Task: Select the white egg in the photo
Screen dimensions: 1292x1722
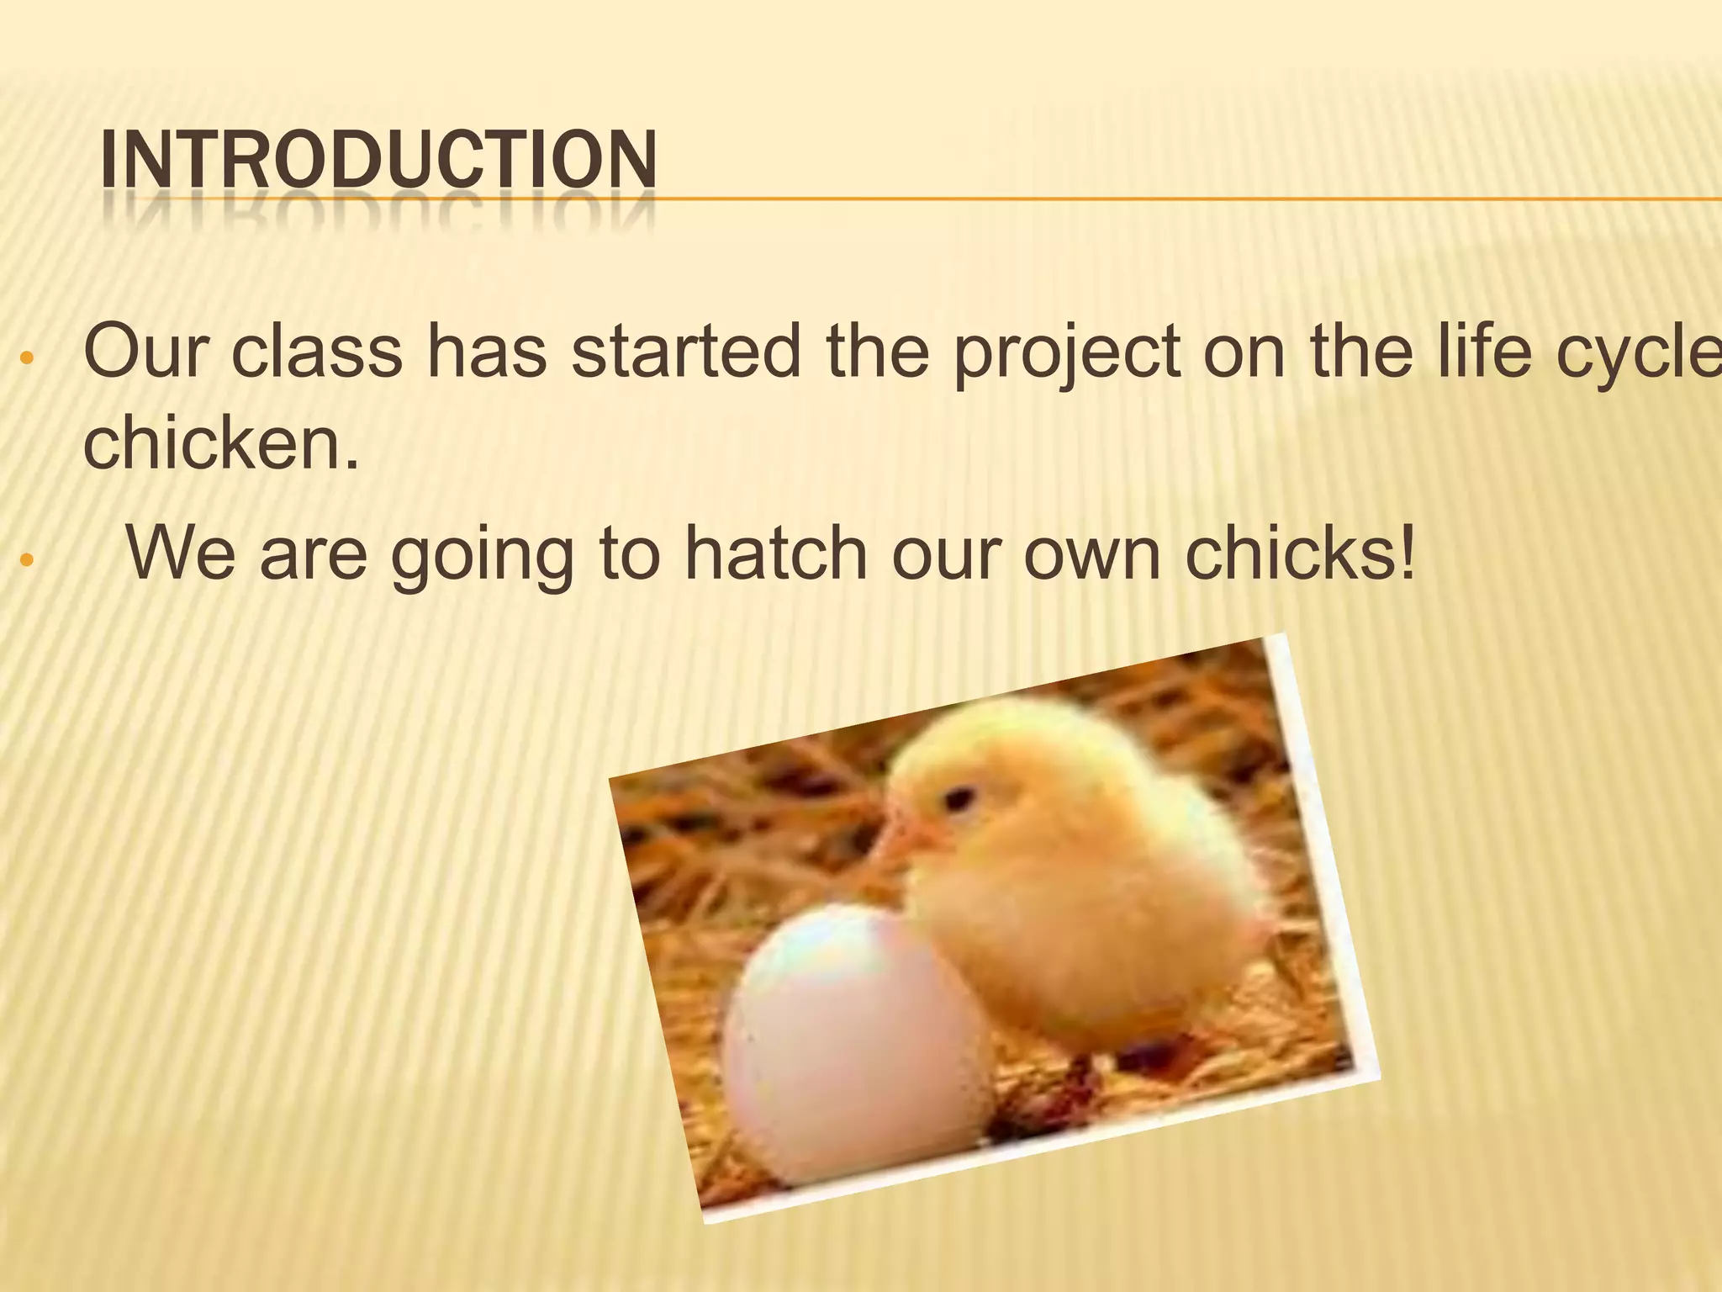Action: pyautogui.click(x=849, y=1043)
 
